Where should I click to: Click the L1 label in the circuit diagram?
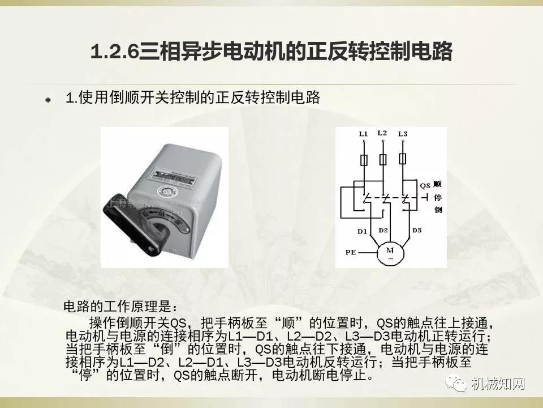pos(363,134)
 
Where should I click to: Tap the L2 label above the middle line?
pos(382,133)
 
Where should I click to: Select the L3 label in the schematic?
pos(402,134)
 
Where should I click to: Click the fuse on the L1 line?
pos(363,159)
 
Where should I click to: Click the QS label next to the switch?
pos(425,185)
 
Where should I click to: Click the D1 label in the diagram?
pos(363,230)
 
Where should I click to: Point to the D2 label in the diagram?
pos(383,230)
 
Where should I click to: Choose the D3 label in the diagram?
pos(417,230)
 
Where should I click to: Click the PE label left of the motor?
pos(350,250)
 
